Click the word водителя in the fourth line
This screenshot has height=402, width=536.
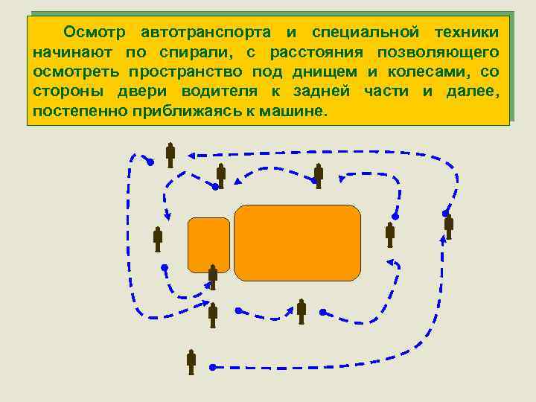pos(223,92)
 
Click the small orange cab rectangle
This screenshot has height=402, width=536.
pos(208,245)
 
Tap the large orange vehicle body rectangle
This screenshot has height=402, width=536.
pos(297,243)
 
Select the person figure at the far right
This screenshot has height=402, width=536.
pos(448,226)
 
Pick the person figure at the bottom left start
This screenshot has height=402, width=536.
pos(191,361)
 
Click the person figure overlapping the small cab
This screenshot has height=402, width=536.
pos(213,276)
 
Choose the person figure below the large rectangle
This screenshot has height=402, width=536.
pos(301,310)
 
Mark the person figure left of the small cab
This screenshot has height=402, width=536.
pos(158,238)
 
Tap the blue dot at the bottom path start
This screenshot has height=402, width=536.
pos(213,367)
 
